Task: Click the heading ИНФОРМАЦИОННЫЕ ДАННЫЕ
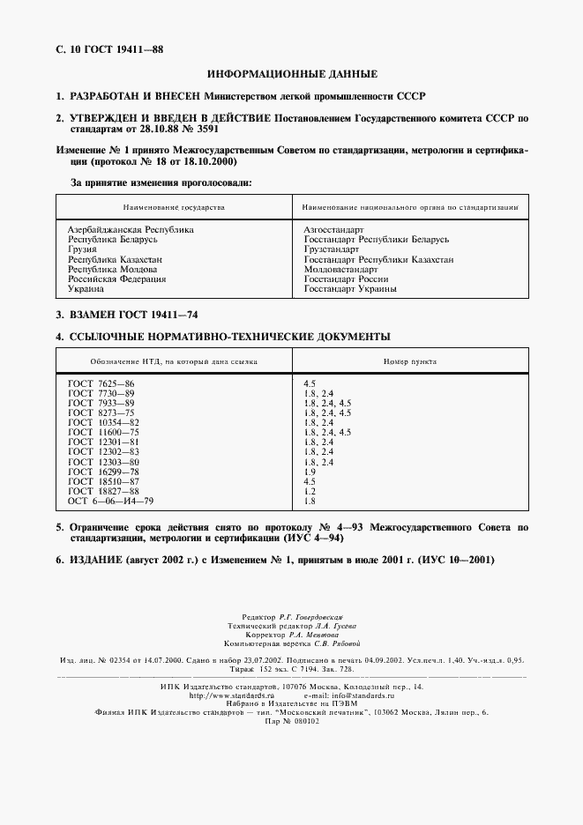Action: coord(292,73)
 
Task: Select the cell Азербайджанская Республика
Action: coord(131,229)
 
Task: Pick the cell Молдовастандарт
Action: coord(340,269)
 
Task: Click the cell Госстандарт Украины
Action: coord(349,289)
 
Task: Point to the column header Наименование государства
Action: coord(174,207)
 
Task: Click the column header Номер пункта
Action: coord(409,361)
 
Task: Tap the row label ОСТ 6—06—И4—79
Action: coord(110,501)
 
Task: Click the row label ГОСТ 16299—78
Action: coord(103,472)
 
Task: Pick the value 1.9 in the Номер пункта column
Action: coord(310,472)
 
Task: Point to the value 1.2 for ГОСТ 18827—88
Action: coord(310,491)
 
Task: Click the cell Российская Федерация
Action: coord(116,279)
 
